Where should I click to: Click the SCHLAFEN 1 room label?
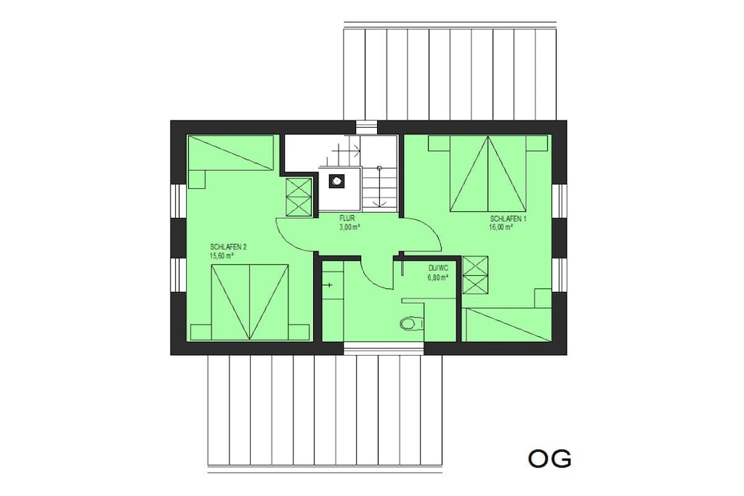click(508, 219)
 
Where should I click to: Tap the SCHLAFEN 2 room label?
click(228, 247)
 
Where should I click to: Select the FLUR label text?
click(347, 219)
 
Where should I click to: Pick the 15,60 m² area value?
click(221, 255)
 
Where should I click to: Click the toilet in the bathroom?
click(411, 323)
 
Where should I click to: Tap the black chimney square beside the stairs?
click(337, 180)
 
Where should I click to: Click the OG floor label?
click(549, 458)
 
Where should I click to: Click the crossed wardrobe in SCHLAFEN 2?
click(299, 198)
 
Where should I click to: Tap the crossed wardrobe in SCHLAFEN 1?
click(475, 275)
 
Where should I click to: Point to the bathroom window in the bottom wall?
click(384, 349)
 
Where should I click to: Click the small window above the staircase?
click(366, 127)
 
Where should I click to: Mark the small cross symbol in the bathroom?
click(330, 285)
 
